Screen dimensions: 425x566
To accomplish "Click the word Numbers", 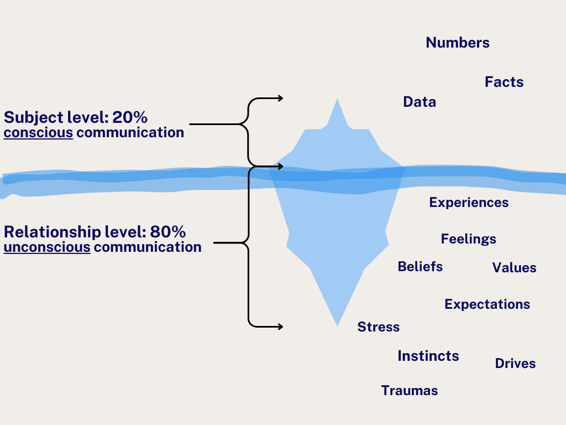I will (458, 43).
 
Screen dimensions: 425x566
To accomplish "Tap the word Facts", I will (504, 82).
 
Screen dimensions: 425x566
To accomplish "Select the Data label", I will (420, 102).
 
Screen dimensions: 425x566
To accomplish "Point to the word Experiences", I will (469, 203).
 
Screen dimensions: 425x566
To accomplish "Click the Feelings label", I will (469, 239).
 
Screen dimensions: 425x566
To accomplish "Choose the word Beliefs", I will (420, 267).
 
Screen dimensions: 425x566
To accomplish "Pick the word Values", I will (514, 268).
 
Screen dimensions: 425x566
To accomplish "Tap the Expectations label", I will (487, 304).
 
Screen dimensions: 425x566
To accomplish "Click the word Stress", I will (379, 327).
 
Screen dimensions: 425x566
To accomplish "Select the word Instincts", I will (428, 356).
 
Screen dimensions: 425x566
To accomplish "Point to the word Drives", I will (515, 364).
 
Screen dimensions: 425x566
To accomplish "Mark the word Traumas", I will (410, 391).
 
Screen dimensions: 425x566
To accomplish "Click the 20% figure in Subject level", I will (130, 117).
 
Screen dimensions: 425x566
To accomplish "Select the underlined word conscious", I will (38, 133).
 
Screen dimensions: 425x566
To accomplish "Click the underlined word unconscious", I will (47, 247).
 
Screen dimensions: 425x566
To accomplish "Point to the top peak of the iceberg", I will (337, 100).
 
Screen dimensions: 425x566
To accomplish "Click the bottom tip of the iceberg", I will (337, 325).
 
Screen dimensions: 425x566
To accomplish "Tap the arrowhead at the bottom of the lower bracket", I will (280, 326).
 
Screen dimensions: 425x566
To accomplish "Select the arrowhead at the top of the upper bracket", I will (280, 99).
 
